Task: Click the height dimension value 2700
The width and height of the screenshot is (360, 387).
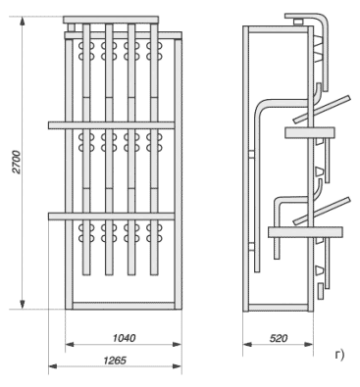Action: (17, 162)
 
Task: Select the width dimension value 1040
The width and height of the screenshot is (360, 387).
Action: (124, 338)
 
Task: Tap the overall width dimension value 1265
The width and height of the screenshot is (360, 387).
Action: (115, 361)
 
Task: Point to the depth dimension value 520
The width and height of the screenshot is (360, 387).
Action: (279, 338)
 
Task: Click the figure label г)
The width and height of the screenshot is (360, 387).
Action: (339, 355)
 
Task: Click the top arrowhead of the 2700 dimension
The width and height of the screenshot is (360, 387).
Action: (23, 21)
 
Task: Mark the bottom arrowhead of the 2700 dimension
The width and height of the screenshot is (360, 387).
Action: (23, 304)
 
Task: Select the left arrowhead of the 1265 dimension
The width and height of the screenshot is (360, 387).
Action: (53, 366)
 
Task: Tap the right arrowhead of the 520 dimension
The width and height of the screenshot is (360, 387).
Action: (308, 344)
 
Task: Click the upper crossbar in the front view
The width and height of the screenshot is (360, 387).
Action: (111, 125)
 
